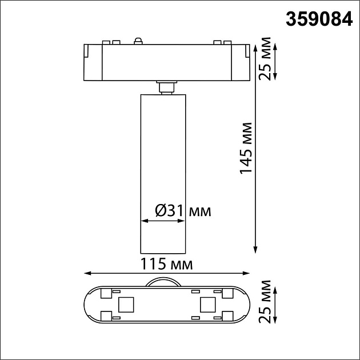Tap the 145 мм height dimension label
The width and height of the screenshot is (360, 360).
tap(246, 148)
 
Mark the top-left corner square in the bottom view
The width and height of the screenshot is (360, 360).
tap(106, 293)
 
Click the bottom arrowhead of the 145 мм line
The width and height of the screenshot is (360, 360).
tap(255, 249)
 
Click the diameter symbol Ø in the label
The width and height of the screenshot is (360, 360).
tap(161, 211)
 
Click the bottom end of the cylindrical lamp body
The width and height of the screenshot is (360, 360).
tap(163, 252)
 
